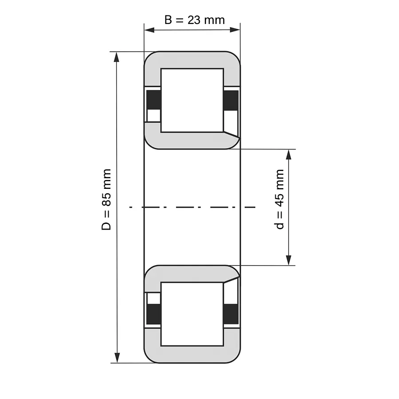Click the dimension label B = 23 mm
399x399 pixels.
(195, 20)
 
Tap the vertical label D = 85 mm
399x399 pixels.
(106, 200)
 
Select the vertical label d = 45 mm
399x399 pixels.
(279, 199)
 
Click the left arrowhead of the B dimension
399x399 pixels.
(149, 30)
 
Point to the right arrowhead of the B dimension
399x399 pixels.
(235, 30)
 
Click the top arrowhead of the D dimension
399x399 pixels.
(117, 57)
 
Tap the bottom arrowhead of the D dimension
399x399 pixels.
(117, 357)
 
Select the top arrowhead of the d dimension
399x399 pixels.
(288, 155)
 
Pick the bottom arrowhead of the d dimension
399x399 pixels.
(289, 260)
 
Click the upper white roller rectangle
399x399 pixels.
(192, 100)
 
